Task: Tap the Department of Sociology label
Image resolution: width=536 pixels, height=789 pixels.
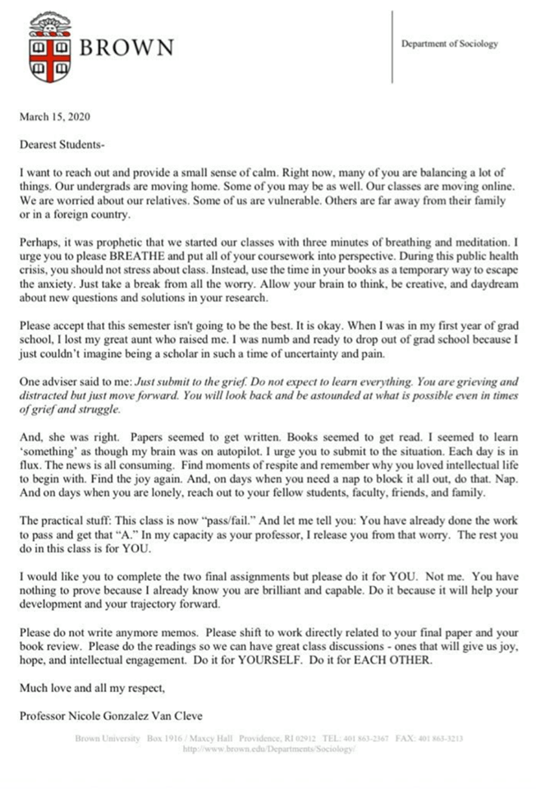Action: coord(449,44)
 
